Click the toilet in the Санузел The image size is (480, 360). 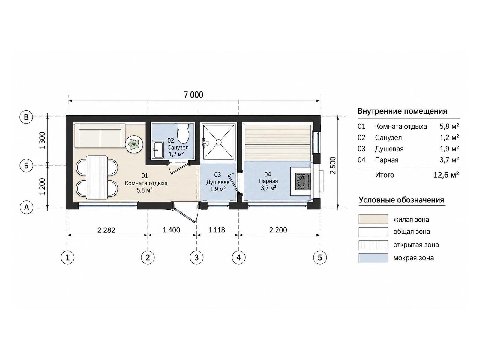(x=183, y=133)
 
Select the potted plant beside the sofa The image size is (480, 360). (x=134, y=144)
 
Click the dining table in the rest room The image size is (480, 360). (x=97, y=177)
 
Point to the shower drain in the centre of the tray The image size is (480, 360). (x=218, y=142)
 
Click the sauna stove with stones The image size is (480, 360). (x=303, y=181)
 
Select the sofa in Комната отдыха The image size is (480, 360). (x=100, y=136)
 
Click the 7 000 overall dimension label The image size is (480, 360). (x=193, y=95)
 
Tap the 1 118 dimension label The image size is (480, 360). (x=217, y=230)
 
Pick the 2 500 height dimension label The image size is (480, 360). (x=333, y=165)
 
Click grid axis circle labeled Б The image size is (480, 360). (x=26, y=166)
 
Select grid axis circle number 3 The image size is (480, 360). (x=196, y=257)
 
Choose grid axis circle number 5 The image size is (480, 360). (x=320, y=257)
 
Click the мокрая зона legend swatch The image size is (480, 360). (x=373, y=258)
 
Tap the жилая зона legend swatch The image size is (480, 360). (x=373, y=219)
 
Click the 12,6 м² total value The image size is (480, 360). (x=446, y=175)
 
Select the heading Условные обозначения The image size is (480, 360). (x=401, y=200)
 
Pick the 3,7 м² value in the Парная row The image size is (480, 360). (x=449, y=160)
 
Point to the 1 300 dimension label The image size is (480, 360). (x=42, y=140)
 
